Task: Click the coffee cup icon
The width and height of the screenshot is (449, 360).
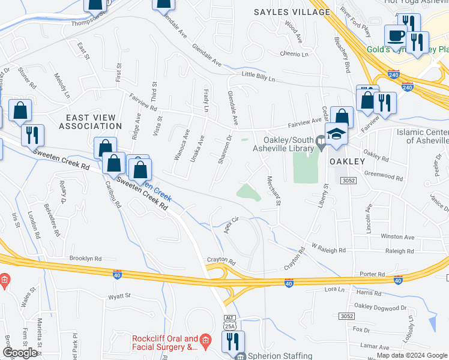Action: coord(396,37)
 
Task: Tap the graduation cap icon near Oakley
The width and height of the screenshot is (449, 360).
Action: coord(337,134)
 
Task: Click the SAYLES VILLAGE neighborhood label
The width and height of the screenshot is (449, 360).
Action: coord(292,12)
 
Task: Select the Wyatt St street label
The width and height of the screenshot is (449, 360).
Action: coord(119,295)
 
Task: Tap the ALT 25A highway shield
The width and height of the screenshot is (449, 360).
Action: coord(229,321)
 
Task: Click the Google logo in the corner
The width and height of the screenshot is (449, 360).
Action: coord(20,353)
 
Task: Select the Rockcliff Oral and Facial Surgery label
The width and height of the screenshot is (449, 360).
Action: coord(165,343)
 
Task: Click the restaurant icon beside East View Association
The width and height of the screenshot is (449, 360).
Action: coord(32,135)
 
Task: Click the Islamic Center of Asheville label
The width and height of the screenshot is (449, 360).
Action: coord(421,136)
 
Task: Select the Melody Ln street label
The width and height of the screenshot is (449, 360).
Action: coord(62,86)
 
